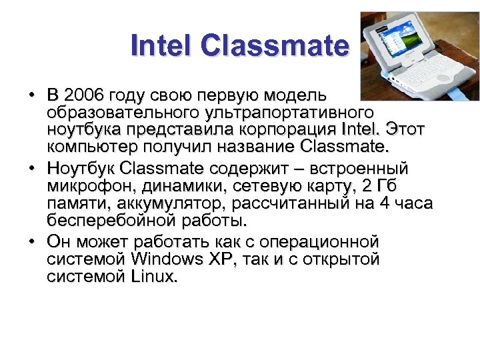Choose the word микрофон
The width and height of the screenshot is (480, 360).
point(87,185)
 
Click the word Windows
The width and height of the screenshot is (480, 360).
point(173,258)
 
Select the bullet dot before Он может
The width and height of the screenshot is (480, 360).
point(32,241)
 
